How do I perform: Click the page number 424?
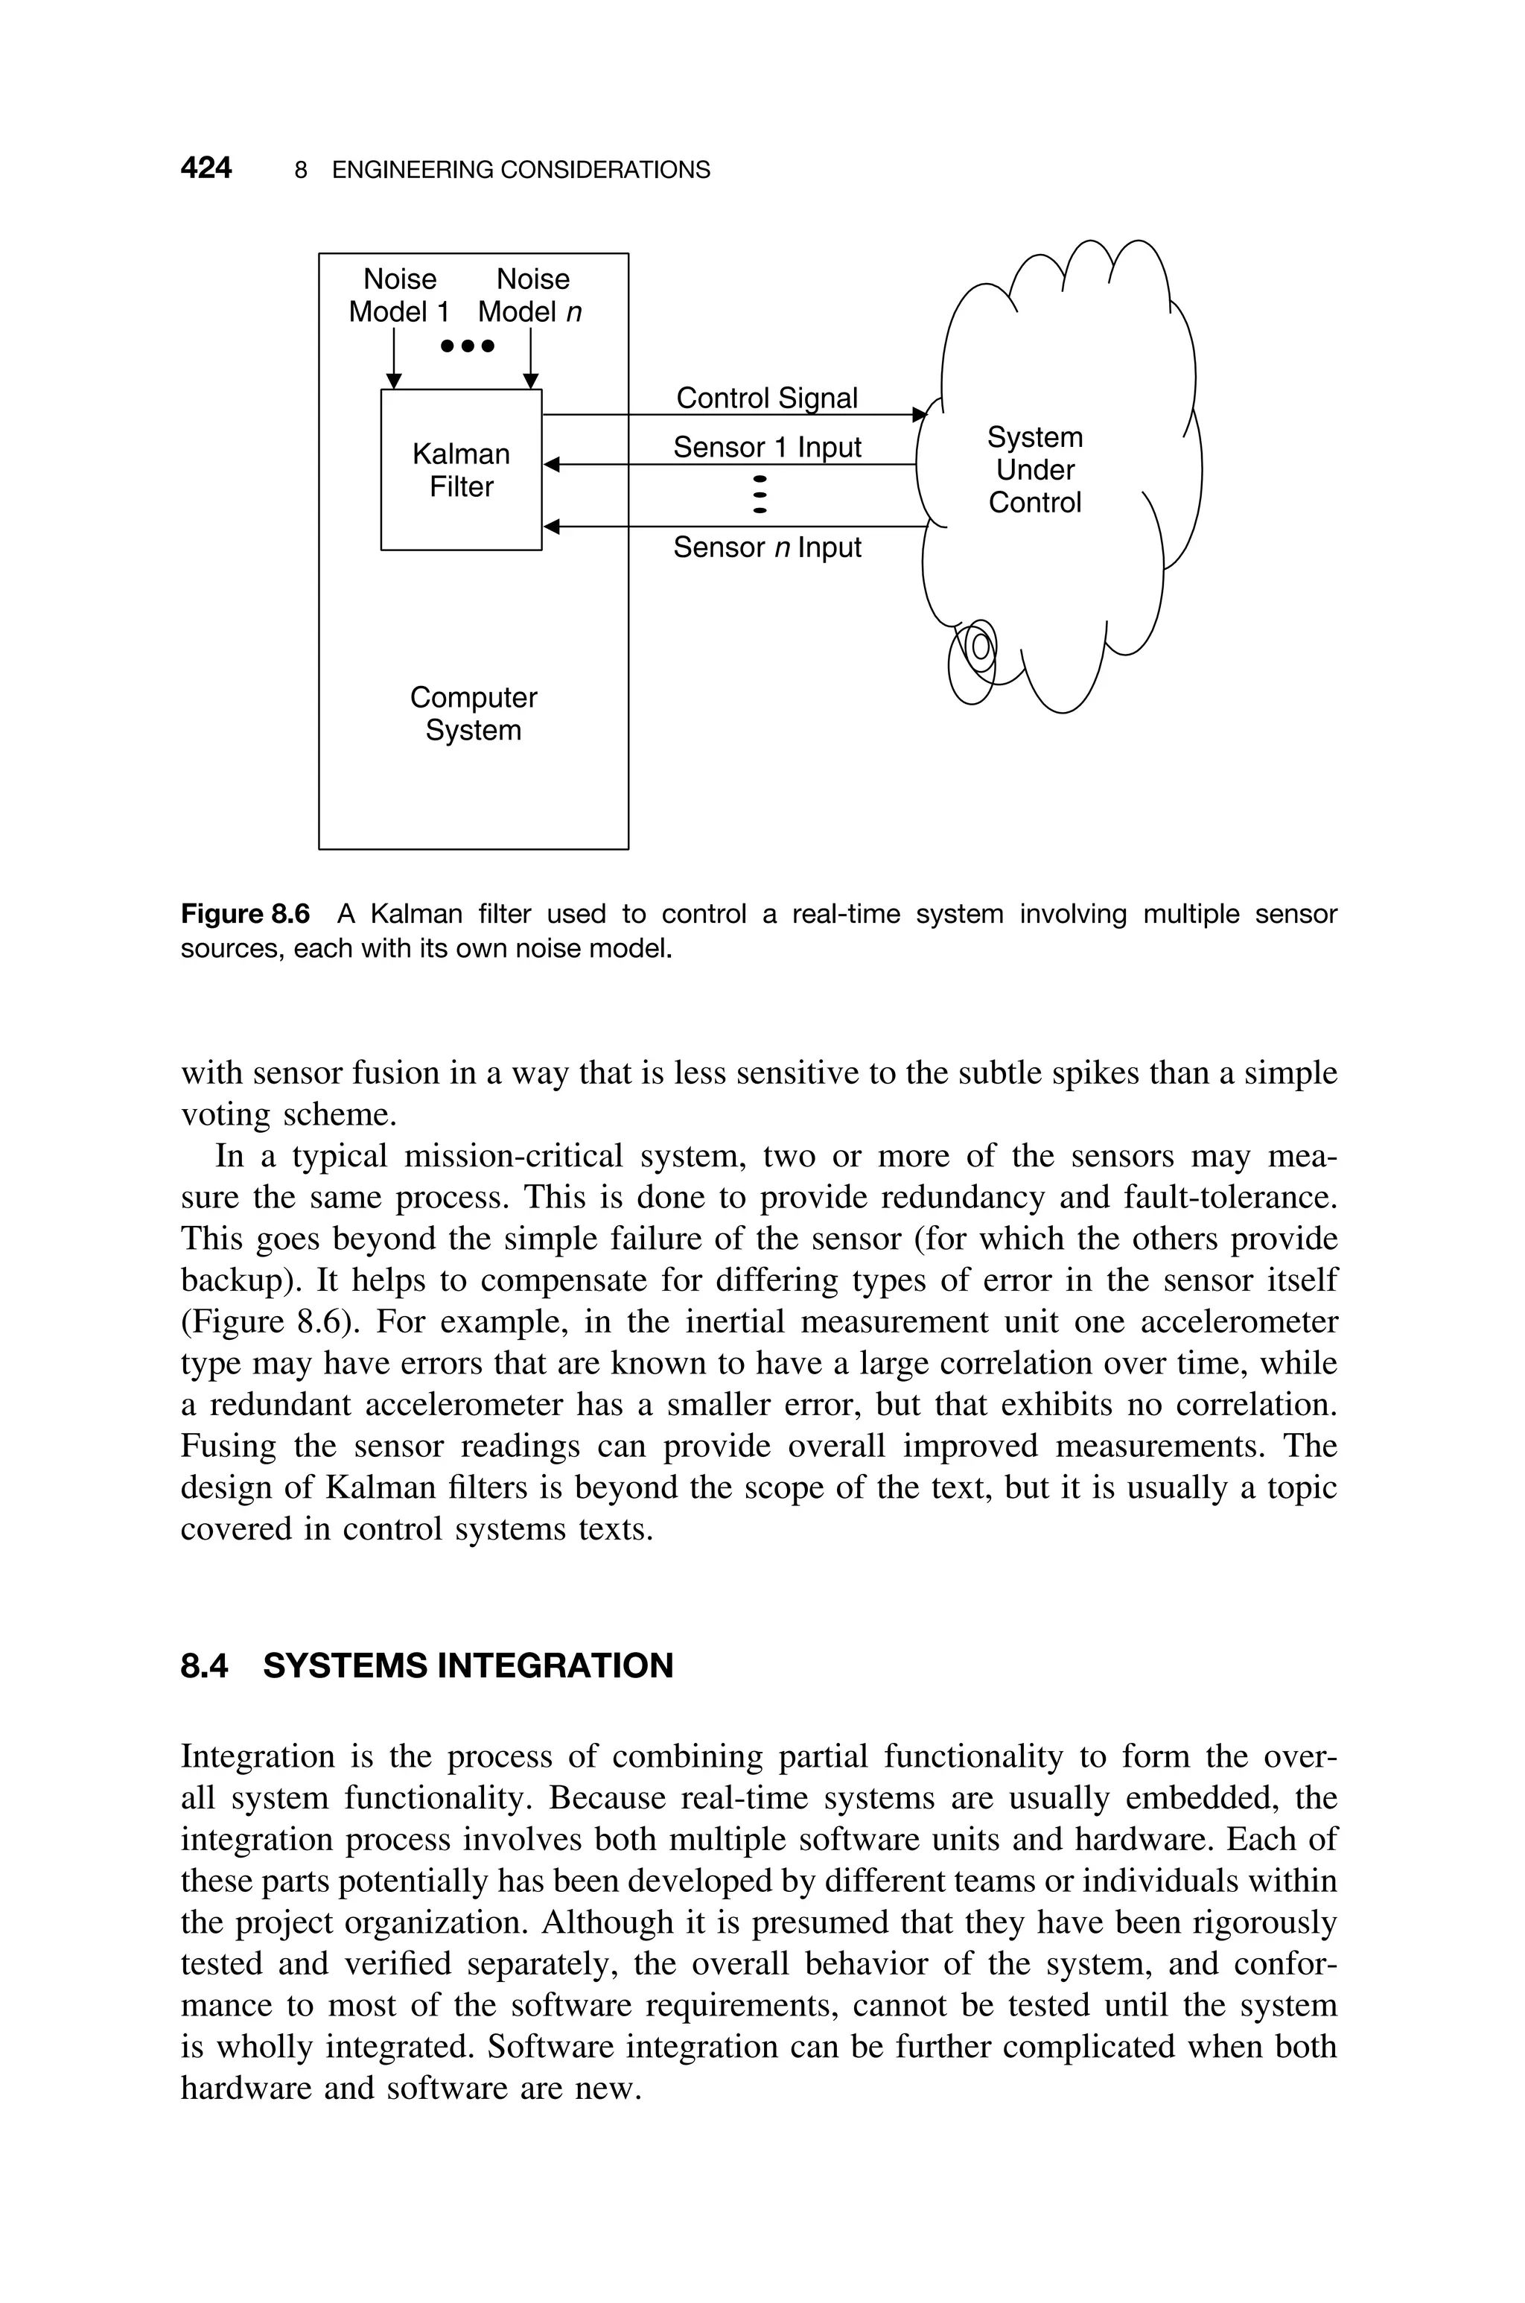[x=206, y=168]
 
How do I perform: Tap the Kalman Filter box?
[x=461, y=471]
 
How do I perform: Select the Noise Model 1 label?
[x=399, y=296]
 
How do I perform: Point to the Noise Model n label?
[x=531, y=296]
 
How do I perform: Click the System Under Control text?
[x=1035, y=470]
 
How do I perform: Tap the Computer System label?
[x=473, y=714]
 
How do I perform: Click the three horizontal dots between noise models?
[x=468, y=346]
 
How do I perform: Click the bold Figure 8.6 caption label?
[x=245, y=914]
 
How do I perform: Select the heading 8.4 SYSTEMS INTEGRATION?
[x=427, y=1666]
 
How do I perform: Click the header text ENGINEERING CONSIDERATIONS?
[x=520, y=171]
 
